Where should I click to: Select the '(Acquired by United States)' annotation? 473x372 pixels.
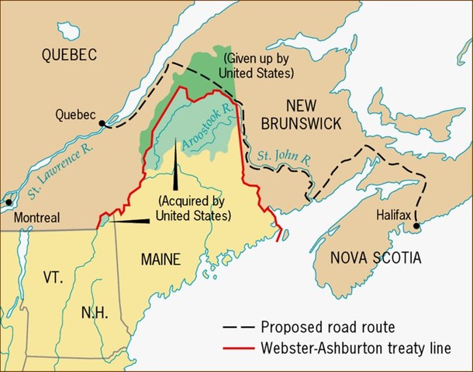point(195,208)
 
